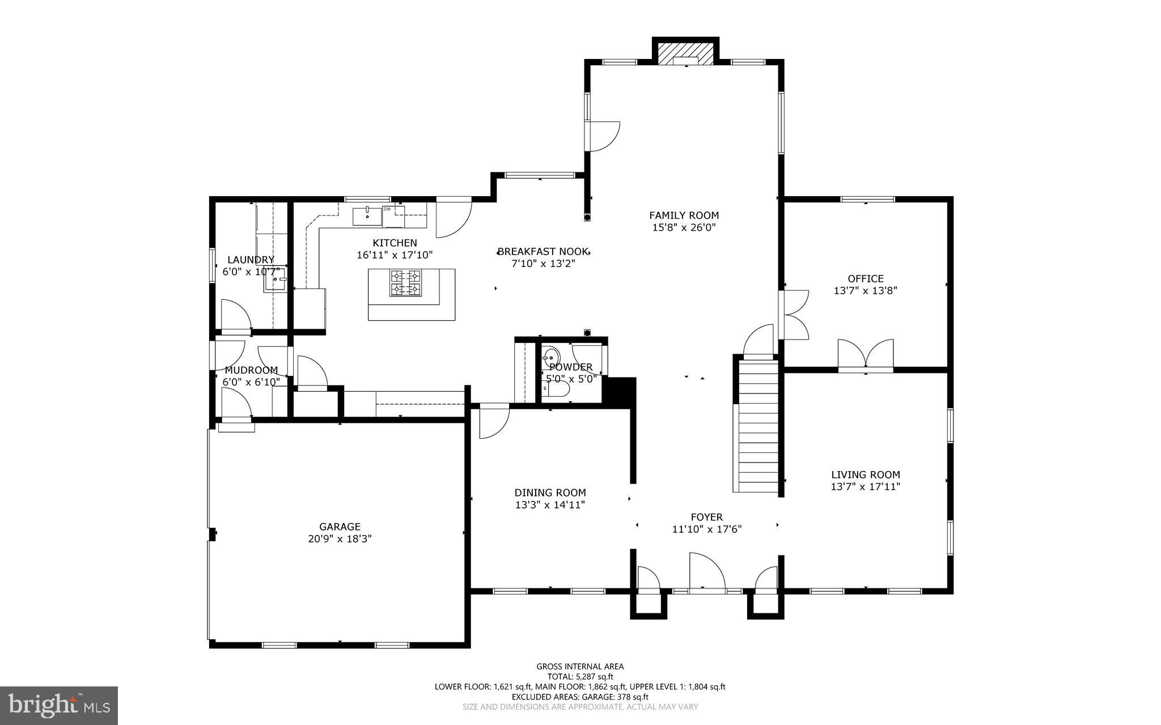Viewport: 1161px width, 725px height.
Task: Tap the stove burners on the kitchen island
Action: pos(405,282)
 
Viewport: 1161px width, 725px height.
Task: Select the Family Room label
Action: pos(684,215)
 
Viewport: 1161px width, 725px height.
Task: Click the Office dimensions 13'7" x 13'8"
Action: pos(865,291)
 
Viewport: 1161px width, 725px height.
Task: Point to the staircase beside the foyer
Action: pos(757,428)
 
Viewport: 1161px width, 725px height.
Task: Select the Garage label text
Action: pos(340,527)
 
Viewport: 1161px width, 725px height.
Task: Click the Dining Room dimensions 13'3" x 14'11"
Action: pos(550,504)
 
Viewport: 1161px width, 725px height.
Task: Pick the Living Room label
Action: pos(865,474)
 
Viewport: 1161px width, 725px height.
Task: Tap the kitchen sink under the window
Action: pos(367,216)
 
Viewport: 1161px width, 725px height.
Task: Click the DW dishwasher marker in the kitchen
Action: pos(388,209)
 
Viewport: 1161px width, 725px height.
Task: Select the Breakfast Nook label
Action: pos(543,251)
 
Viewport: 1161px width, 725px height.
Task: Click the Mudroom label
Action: pos(251,370)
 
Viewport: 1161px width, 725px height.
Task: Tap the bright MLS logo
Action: pos(59,705)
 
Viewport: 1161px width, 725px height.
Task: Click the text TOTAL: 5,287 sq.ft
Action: pos(580,676)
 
